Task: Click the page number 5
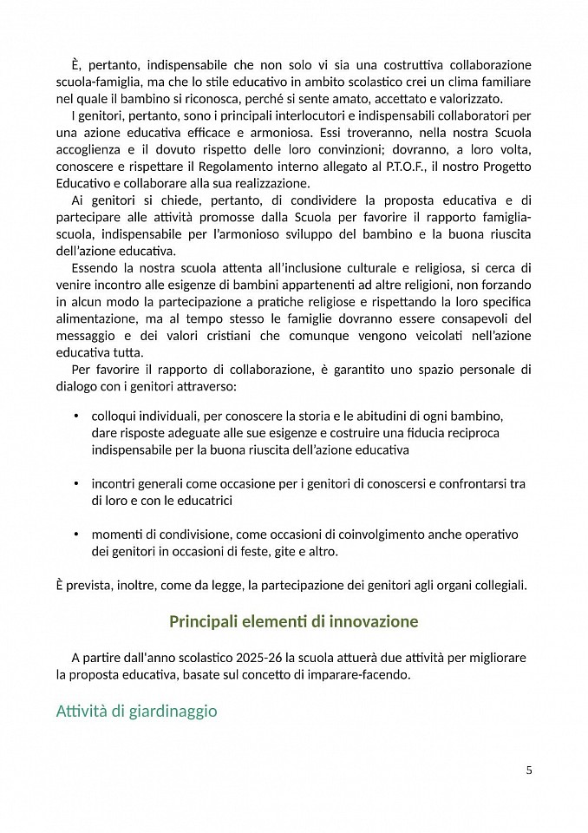click(x=529, y=769)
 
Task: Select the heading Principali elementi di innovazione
click(x=293, y=621)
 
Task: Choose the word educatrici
click(x=206, y=500)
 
